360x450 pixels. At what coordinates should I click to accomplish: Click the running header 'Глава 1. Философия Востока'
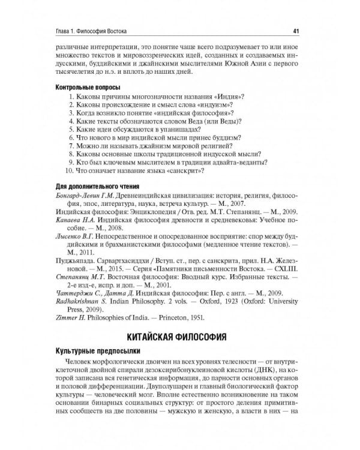[92, 31]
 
